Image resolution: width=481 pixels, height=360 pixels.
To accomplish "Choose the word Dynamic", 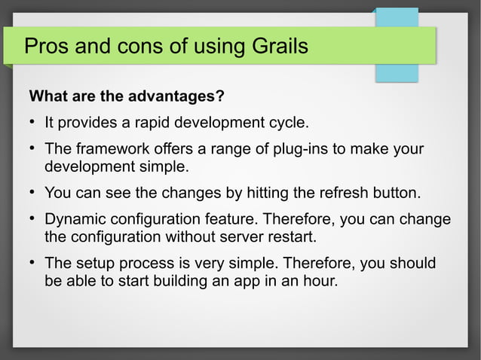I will [76, 220].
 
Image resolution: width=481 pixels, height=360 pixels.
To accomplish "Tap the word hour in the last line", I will [320, 282].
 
